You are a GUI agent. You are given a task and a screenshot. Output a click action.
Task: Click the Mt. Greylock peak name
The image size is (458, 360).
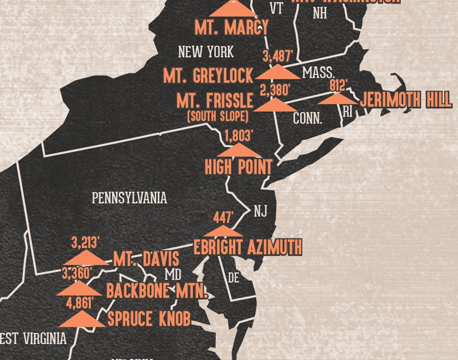(x=208, y=75)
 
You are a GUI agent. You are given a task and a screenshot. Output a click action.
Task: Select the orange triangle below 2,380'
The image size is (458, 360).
(x=275, y=104)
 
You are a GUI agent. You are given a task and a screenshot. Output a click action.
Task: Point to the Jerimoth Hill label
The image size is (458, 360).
(x=406, y=100)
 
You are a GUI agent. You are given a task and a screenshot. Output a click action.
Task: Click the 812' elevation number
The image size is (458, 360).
(x=338, y=85)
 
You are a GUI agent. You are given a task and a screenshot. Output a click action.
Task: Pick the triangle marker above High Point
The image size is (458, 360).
(x=238, y=150)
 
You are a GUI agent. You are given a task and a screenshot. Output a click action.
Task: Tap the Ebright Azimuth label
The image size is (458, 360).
(x=247, y=247)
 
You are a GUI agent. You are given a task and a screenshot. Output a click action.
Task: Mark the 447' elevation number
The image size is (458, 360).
(x=223, y=217)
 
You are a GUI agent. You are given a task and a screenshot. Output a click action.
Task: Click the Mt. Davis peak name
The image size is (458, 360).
(x=146, y=259)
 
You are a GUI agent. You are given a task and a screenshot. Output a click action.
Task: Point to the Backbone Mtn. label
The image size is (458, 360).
(x=156, y=291)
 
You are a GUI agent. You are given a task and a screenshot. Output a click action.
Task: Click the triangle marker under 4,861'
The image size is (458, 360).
(x=81, y=319)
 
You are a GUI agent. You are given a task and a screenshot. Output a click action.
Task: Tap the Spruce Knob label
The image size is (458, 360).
(x=149, y=318)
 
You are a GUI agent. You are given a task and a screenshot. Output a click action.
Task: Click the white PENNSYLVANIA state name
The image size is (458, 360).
(x=129, y=198)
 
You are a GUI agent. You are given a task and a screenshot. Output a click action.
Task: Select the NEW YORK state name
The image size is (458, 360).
(x=206, y=52)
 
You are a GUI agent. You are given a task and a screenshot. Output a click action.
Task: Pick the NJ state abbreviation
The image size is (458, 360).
(x=260, y=211)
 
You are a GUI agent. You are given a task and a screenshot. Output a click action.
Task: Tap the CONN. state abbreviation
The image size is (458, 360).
(x=307, y=119)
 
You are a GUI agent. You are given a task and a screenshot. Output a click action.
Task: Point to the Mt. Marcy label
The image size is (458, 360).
(x=231, y=27)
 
